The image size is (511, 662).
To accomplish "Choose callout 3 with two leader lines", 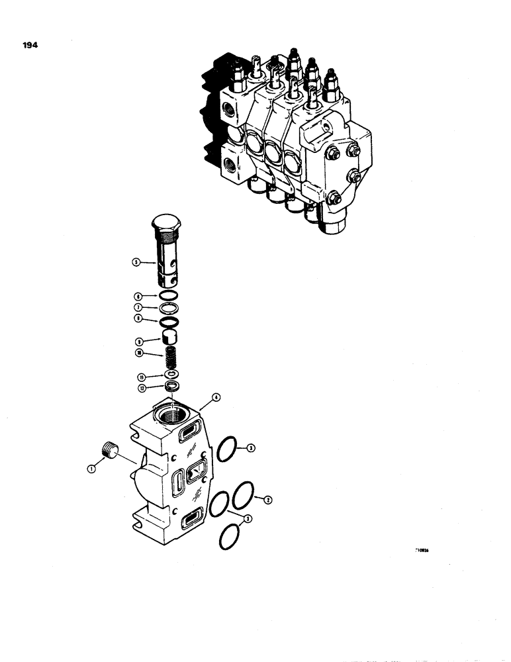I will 247,520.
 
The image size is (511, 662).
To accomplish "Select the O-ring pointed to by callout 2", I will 242,493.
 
